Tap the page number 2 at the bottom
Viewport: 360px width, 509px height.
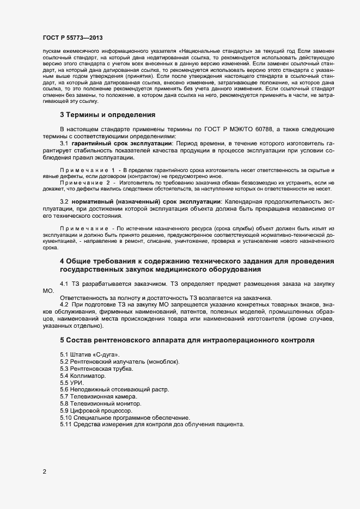coord(44,471)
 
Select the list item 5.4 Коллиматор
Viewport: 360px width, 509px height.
coord(83,376)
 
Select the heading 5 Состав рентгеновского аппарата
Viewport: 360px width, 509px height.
coord(186,340)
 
